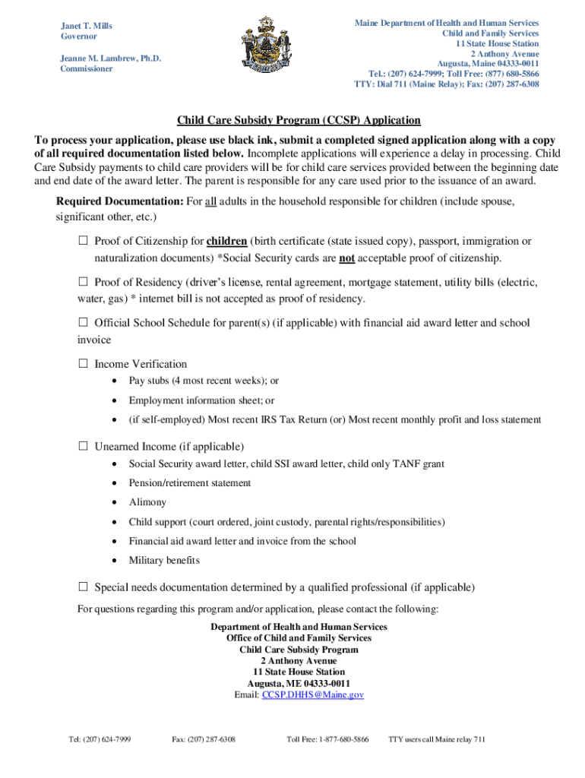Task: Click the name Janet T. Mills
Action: pyautogui.click(x=87, y=26)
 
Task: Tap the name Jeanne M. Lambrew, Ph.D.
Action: pyautogui.click(x=111, y=58)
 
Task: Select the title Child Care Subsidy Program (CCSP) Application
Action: pyautogui.click(x=299, y=121)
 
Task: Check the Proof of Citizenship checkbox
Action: pyautogui.click(x=84, y=242)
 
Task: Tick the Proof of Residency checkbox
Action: pyautogui.click(x=84, y=283)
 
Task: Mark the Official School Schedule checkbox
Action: pyautogui.click(x=84, y=323)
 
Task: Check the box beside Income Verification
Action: pyautogui.click(x=84, y=364)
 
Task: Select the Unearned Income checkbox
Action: pyautogui.click(x=84, y=446)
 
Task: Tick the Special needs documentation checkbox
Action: pyautogui.click(x=84, y=587)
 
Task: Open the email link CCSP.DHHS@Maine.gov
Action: pyautogui.click(x=313, y=695)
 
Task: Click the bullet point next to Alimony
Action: pyautogui.click(x=114, y=502)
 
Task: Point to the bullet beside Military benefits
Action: pyautogui.click(x=114, y=561)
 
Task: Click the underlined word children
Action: pyautogui.click(x=226, y=242)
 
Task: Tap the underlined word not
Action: pyautogui.click(x=346, y=258)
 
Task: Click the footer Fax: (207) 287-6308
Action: pyautogui.click(x=204, y=739)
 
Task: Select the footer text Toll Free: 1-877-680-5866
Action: pyautogui.click(x=327, y=739)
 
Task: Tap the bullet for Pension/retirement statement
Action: pyautogui.click(x=114, y=483)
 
